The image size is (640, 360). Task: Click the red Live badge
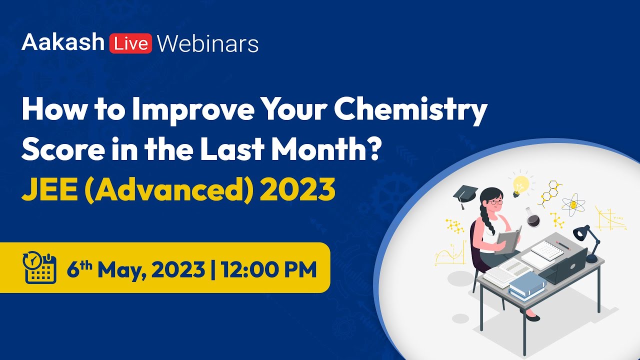pyautogui.click(x=131, y=44)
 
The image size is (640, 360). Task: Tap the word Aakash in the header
pyautogui.click(x=62, y=43)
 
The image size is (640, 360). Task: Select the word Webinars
pyautogui.click(x=207, y=44)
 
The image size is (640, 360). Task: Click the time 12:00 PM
pyautogui.click(x=270, y=269)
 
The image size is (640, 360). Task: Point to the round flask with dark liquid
pyautogui.click(x=532, y=220)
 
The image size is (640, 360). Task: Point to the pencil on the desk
pyautogui.click(x=563, y=244)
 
